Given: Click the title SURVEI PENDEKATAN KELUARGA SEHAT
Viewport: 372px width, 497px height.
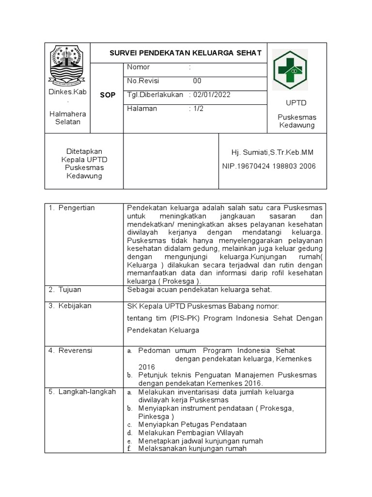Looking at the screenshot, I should tap(185, 52).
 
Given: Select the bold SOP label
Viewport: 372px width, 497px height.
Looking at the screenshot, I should tap(108, 95).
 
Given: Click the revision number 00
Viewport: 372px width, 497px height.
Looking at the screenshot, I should tap(197, 81).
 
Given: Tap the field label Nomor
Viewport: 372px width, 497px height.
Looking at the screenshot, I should tap(139, 67).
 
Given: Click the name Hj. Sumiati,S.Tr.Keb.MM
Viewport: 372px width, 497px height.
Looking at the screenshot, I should tap(272, 152).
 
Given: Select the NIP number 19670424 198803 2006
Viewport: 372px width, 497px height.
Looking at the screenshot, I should tap(268, 166).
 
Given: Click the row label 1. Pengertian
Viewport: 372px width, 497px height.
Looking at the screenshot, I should tap(72, 208).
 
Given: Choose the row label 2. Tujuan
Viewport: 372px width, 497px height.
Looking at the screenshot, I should tap(65, 290).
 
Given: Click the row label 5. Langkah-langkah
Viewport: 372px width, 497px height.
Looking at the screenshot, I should tap(82, 392).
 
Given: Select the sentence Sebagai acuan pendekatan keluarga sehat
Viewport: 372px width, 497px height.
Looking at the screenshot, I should tap(199, 290).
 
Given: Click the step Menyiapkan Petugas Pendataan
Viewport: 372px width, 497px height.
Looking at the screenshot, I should tap(192, 424).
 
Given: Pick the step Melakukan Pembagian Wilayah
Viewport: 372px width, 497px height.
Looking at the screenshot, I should tap(190, 432).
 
